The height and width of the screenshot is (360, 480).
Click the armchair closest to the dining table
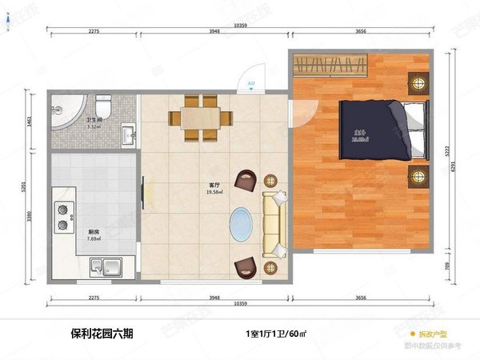pyautogui.click(x=246, y=182)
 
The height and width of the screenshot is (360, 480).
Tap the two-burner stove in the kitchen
pyautogui.click(x=61, y=211)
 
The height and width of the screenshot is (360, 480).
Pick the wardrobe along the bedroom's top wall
pyautogui.click(x=330, y=65)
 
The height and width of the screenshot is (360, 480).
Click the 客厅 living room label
pyautogui.click(x=214, y=186)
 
